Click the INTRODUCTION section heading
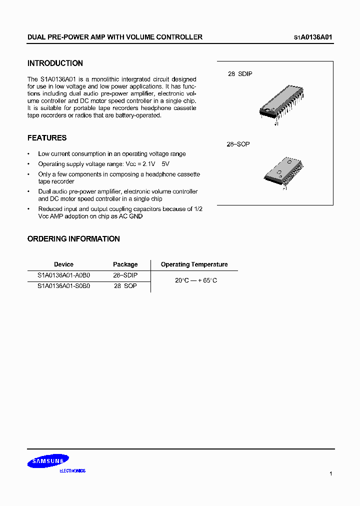[x=55, y=63]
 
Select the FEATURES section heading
[x=47, y=138]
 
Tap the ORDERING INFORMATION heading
[x=73, y=239]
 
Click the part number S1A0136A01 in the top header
[x=313, y=37]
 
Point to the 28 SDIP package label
[x=240, y=74]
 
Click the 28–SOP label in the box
[x=238, y=144]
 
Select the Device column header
[x=63, y=264]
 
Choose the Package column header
[x=125, y=264]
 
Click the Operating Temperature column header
[x=194, y=264]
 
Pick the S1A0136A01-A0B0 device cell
[x=63, y=275]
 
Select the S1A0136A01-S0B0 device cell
[x=63, y=286]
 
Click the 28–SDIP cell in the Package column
[x=125, y=275]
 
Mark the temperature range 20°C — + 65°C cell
[x=196, y=280]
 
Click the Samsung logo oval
[x=48, y=461]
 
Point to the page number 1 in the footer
[x=330, y=473]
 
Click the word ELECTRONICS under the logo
[x=72, y=471]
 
